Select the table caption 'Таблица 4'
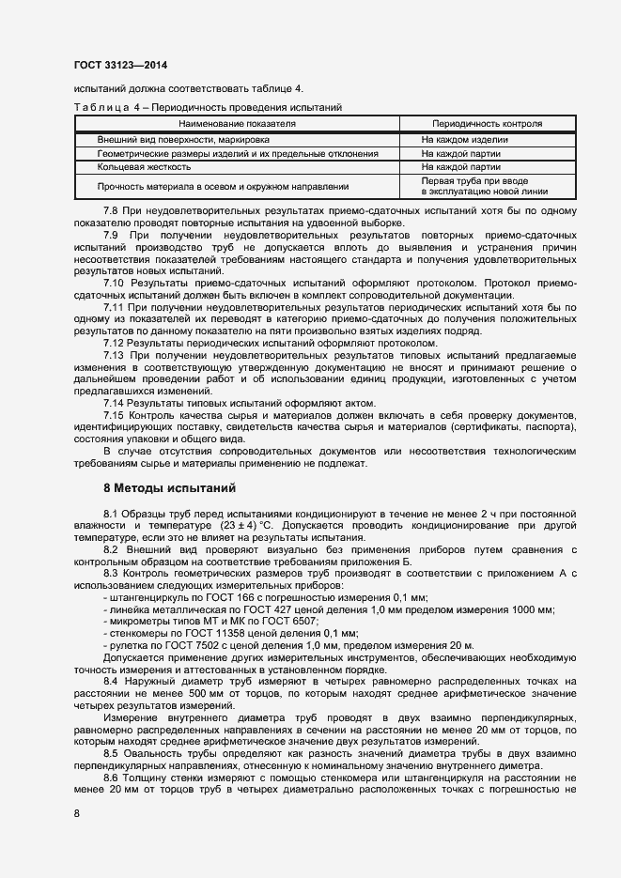tap(104, 107)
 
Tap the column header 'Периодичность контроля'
tap(486, 123)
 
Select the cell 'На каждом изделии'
tap(463, 139)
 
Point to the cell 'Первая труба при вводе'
tap(473, 180)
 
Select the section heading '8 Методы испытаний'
tap(168, 488)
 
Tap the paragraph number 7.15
tap(115, 414)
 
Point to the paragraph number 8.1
tap(113, 515)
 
